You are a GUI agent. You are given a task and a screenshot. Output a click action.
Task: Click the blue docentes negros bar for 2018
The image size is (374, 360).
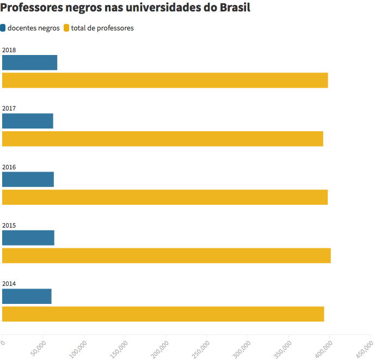(29, 63)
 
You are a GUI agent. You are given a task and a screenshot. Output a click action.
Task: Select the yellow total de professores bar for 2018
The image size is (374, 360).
(165, 80)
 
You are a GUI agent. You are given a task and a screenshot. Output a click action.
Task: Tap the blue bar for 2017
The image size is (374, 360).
(28, 121)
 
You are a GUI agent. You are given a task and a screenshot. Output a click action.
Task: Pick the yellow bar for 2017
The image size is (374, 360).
(163, 139)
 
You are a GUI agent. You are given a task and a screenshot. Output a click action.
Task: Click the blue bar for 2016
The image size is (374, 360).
(28, 179)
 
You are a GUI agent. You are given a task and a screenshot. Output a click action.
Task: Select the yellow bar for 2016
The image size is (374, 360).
(165, 197)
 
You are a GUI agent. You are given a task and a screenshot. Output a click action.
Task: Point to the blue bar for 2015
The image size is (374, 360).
(28, 238)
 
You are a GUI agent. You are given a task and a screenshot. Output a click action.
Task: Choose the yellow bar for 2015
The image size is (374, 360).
(167, 256)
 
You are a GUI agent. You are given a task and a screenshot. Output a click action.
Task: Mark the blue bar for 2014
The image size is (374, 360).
(27, 296)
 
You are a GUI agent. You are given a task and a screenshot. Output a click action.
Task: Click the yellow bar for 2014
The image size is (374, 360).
(163, 314)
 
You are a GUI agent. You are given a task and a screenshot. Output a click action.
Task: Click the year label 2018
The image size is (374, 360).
(9, 50)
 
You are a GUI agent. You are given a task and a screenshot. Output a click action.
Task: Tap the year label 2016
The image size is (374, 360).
(9, 167)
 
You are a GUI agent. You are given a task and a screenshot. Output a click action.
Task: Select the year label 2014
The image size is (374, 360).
(9, 284)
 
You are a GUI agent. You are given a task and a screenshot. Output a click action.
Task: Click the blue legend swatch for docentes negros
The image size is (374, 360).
(3, 28)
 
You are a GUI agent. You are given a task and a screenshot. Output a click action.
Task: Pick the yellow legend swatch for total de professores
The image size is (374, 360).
(67, 28)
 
